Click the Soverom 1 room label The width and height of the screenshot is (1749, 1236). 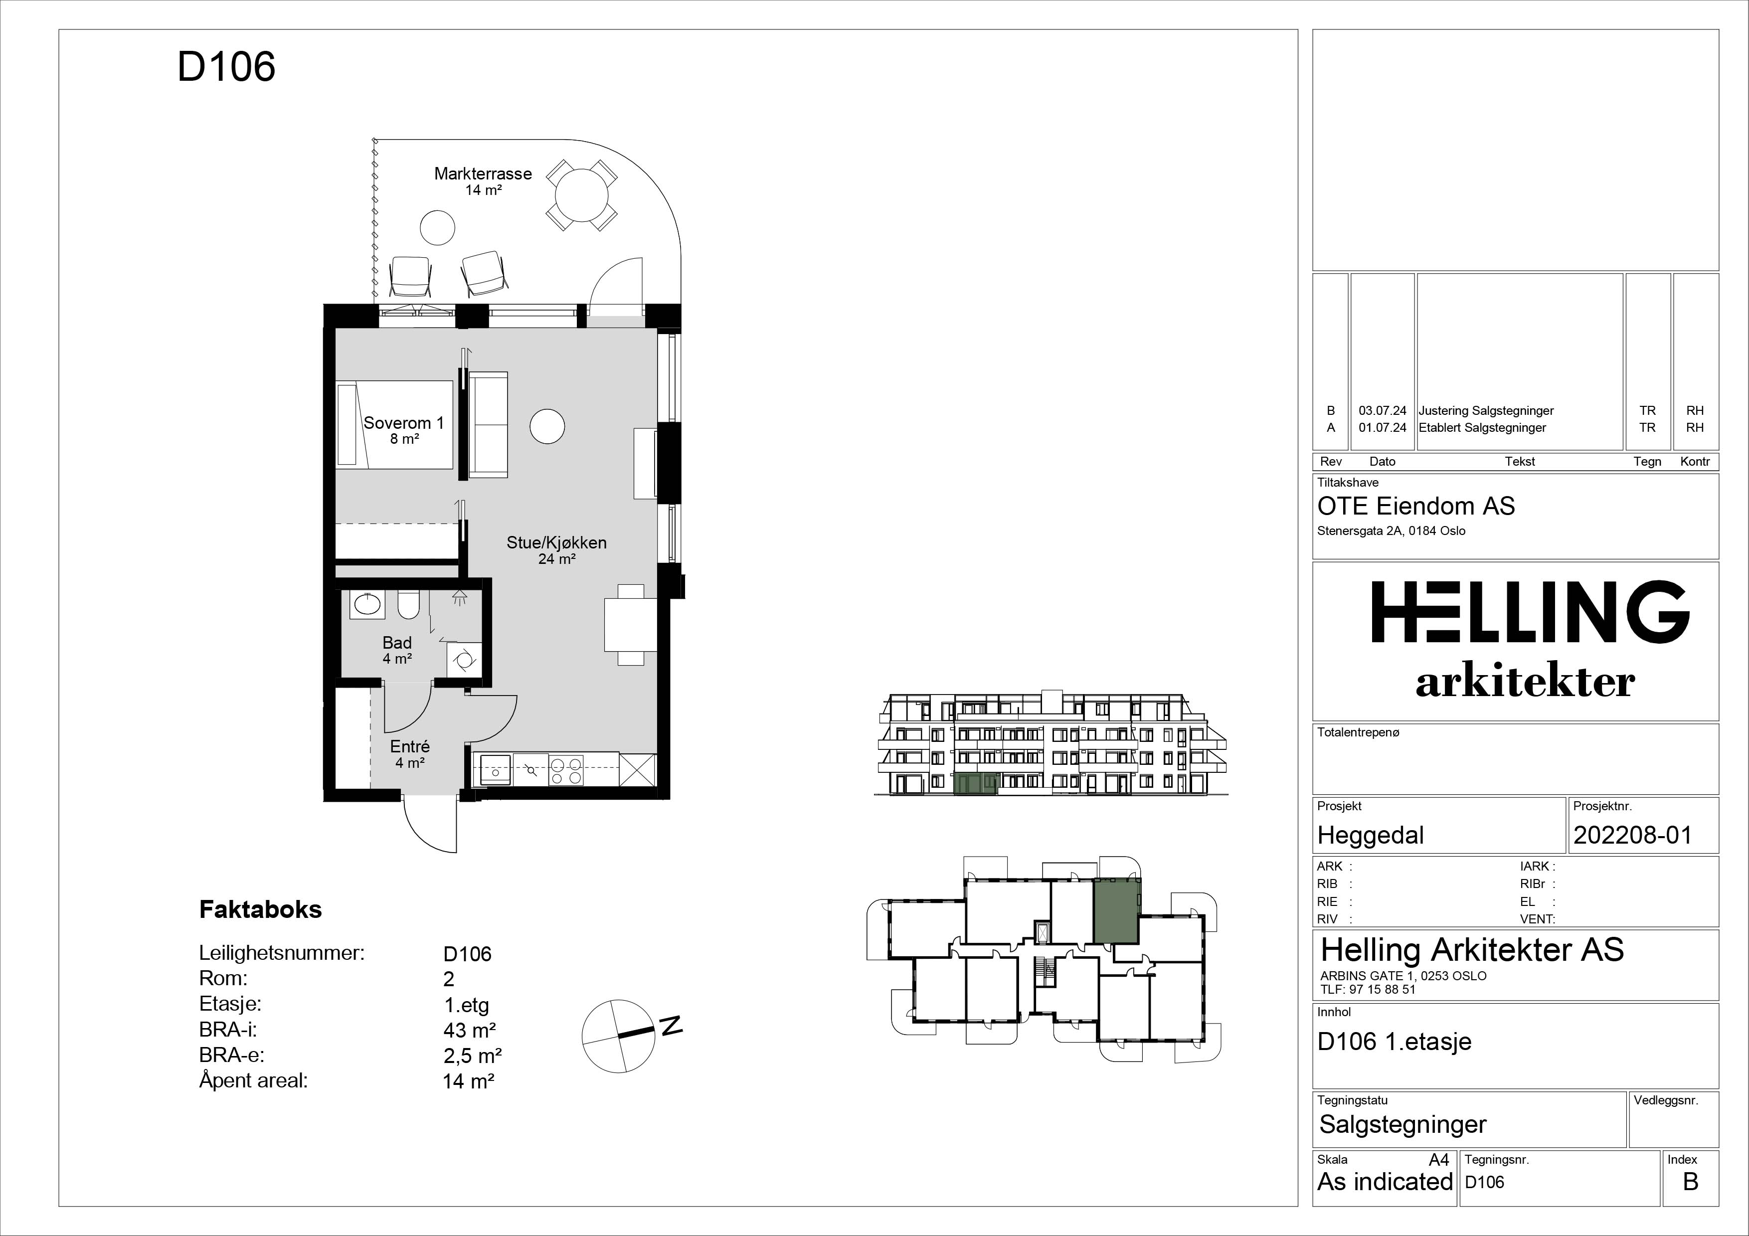pyautogui.click(x=404, y=423)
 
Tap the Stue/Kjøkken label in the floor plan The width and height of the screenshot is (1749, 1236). pyautogui.click(x=557, y=543)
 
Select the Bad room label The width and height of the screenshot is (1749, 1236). pyautogui.click(x=397, y=643)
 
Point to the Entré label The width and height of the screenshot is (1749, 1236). pyautogui.click(x=410, y=747)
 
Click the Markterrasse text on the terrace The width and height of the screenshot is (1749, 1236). pyautogui.click(x=483, y=174)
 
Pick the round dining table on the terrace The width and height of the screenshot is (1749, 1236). pyautogui.click(x=582, y=195)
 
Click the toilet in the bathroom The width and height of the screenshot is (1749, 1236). pyautogui.click(x=408, y=605)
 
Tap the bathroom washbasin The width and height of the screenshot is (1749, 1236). pyautogui.click(x=367, y=605)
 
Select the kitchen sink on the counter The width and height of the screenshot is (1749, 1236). pyautogui.click(x=492, y=769)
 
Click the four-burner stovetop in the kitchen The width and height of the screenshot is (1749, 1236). pyautogui.click(x=565, y=770)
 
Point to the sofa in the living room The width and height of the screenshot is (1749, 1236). pyautogui.click(x=488, y=425)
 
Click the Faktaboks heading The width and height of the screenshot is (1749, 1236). pyautogui.click(x=261, y=909)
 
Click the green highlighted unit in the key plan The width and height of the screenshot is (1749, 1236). pyautogui.click(x=1117, y=911)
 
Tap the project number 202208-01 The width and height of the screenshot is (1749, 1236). pyautogui.click(x=1632, y=836)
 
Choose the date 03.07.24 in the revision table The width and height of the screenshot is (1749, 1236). pyautogui.click(x=1383, y=410)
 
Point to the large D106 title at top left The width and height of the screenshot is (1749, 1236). pyautogui.click(x=226, y=67)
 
